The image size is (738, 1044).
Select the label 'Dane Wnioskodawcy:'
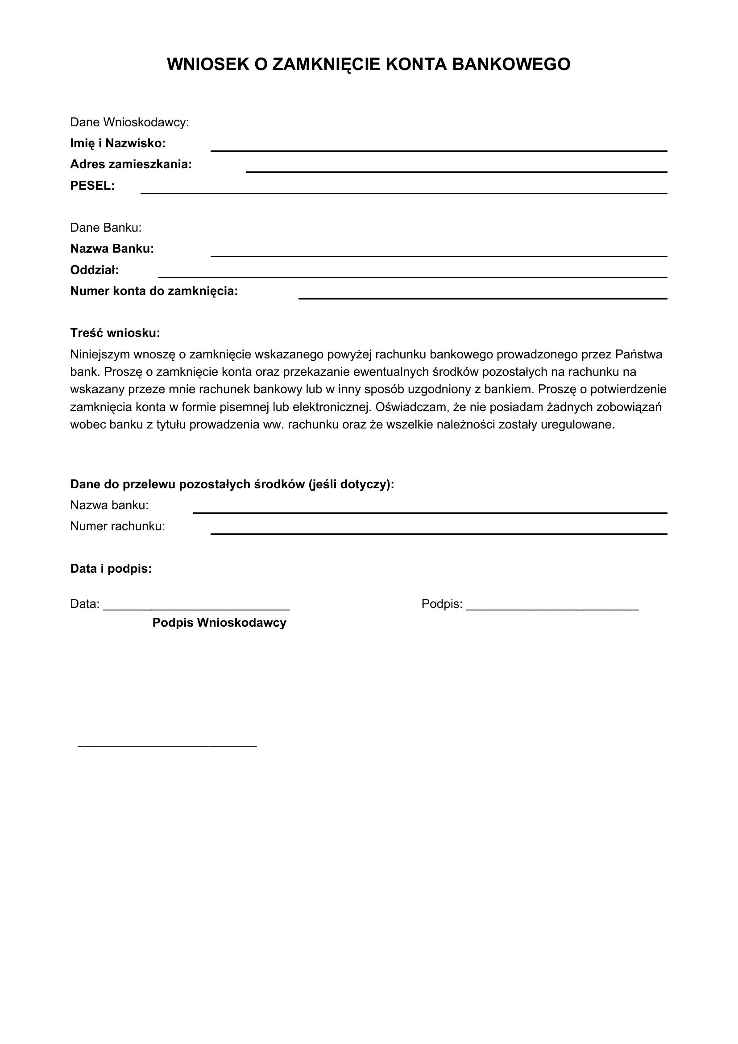click(x=129, y=122)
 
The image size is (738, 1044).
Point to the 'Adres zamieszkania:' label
click(x=131, y=164)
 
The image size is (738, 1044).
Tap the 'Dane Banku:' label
click(x=106, y=227)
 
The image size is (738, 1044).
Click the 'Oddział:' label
click(x=95, y=270)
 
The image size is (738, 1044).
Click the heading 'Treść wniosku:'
click(x=116, y=333)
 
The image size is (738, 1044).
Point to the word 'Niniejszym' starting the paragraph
click(x=100, y=354)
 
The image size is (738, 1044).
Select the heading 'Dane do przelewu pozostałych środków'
click(x=232, y=484)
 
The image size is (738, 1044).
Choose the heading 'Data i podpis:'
click(x=111, y=568)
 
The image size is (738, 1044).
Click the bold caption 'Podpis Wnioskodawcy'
click(x=220, y=623)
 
